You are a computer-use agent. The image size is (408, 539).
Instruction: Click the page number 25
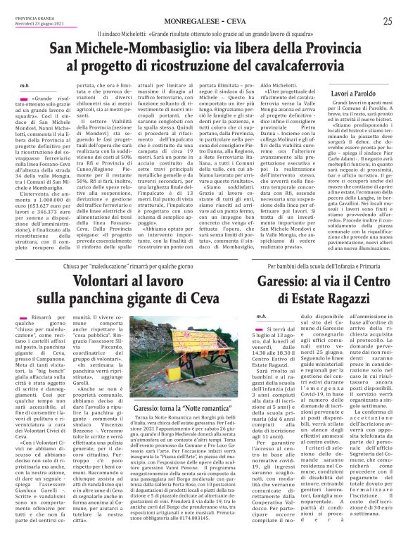point(387,22)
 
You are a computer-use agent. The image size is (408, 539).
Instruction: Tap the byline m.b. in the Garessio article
point(261,317)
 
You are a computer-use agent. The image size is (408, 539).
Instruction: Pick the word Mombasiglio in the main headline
point(147,49)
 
